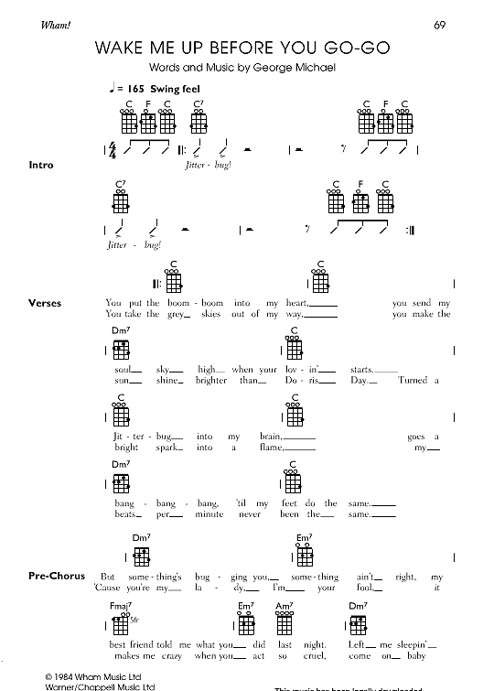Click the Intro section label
tap(41, 165)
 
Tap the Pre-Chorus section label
tap(57, 577)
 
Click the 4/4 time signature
tap(113, 147)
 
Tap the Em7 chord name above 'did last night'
tap(246, 607)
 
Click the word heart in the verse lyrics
tap(297, 303)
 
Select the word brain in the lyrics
tap(270, 437)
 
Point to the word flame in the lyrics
tap(270, 448)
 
